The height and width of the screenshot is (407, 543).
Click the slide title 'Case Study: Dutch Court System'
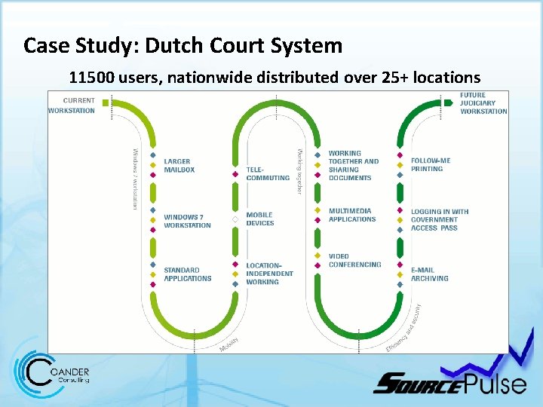pyautogui.click(x=183, y=46)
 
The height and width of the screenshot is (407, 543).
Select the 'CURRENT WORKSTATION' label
pyautogui.click(x=72, y=106)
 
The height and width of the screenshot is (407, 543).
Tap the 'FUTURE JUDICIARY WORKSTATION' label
pyautogui.click(x=483, y=103)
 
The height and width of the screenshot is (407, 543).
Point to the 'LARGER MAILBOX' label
pyautogui.click(x=179, y=166)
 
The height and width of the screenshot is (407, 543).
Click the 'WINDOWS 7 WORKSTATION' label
pyautogui.click(x=187, y=222)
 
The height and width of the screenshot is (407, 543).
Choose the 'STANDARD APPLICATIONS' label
pyautogui.click(x=187, y=274)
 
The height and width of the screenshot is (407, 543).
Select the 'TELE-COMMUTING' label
pyautogui.click(x=268, y=173)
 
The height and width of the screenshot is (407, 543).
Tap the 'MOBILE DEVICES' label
pyautogui.click(x=260, y=219)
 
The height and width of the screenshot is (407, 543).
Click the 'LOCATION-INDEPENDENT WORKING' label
pyautogui.click(x=269, y=274)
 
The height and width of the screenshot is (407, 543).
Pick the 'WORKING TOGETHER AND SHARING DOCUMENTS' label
pyautogui.click(x=353, y=166)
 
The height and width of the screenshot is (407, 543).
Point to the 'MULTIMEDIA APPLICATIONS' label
pyautogui.click(x=351, y=215)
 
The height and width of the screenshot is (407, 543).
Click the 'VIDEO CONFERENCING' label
pyautogui.click(x=354, y=261)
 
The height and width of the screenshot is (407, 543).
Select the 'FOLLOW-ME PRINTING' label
pyautogui.click(x=431, y=164)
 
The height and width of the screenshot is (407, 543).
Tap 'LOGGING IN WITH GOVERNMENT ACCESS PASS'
pyautogui.click(x=440, y=219)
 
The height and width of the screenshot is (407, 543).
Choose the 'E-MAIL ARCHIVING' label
pyautogui.click(x=430, y=274)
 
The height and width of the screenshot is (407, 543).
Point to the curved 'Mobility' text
pyautogui.click(x=229, y=344)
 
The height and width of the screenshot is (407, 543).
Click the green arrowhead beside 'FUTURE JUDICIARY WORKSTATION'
pyautogui.click(x=449, y=102)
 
